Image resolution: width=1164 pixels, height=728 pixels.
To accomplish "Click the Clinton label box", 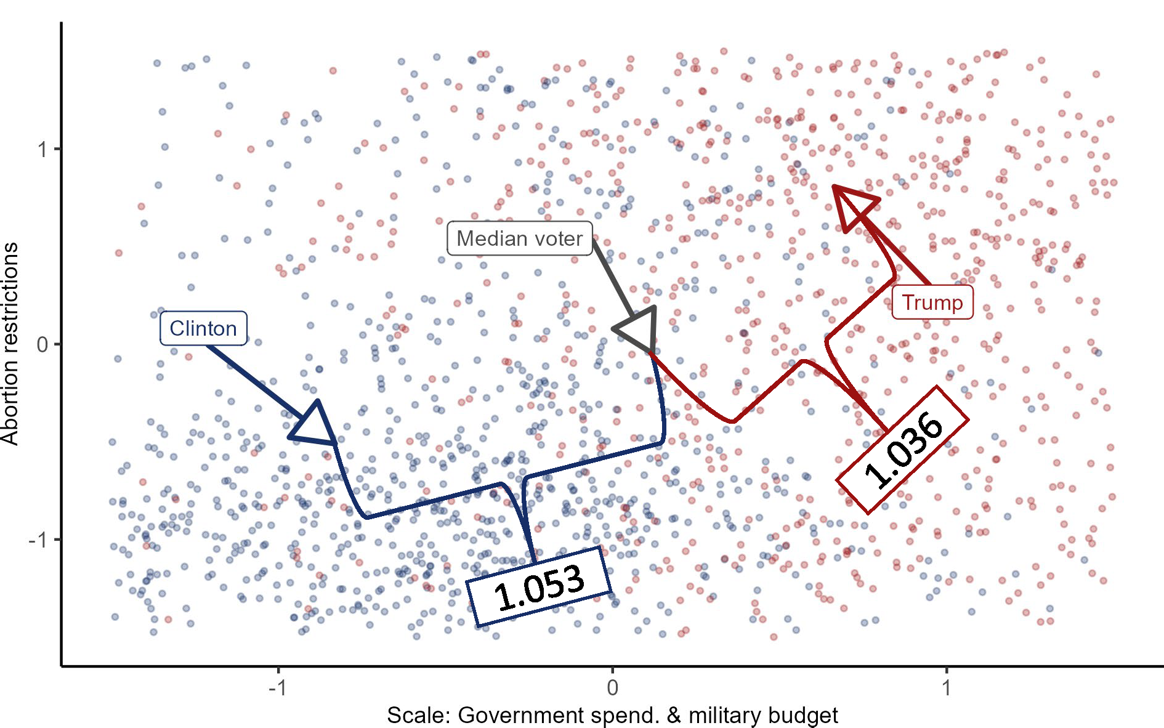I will [203, 328].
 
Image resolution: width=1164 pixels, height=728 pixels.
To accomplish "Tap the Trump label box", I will [932, 302].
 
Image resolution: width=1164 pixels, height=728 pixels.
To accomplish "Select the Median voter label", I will [519, 238].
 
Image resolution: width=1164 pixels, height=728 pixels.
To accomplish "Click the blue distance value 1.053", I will [539, 587].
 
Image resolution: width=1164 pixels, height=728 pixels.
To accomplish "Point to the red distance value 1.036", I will [902, 450].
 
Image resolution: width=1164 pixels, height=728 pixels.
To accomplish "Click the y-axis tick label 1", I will [42, 149].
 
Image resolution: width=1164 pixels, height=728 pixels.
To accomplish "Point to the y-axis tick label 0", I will [42, 344].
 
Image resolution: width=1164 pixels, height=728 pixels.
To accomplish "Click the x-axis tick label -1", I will [278, 687].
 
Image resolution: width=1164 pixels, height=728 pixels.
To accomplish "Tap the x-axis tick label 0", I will [612, 687].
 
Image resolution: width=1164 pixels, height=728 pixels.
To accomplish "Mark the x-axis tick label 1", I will [947, 687].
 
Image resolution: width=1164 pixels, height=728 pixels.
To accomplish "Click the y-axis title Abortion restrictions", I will [10, 344].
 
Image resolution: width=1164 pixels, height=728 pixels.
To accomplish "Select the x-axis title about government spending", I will [612, 715].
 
